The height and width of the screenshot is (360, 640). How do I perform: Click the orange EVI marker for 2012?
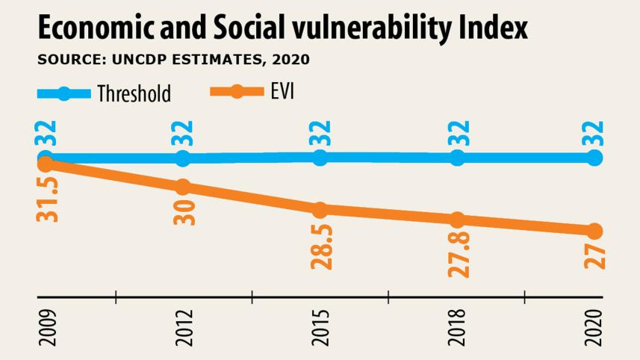point(183,187)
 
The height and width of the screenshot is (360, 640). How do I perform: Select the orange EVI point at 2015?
point(320,211)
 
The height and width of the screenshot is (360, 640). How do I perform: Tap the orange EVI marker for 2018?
point(458,220)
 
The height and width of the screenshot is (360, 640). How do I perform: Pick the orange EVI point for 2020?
point(594,231)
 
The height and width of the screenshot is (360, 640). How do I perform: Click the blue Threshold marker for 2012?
point(183,158)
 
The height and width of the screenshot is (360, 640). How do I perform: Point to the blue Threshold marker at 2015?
point(320,157)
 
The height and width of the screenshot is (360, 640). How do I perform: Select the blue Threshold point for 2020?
point(594,158)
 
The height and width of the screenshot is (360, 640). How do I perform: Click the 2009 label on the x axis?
point(46,326)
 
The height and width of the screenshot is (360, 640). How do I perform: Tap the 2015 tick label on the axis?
point(320,326)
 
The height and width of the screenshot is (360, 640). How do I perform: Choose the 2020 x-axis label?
point(594,326)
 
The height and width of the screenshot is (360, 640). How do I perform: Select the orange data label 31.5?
point(48,199)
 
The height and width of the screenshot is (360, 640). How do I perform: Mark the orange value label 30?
point(184,213)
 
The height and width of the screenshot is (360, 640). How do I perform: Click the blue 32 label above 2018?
point(458,134)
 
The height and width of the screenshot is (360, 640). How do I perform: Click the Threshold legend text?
point(134,93)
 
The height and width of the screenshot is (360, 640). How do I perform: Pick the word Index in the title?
point(494,28)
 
